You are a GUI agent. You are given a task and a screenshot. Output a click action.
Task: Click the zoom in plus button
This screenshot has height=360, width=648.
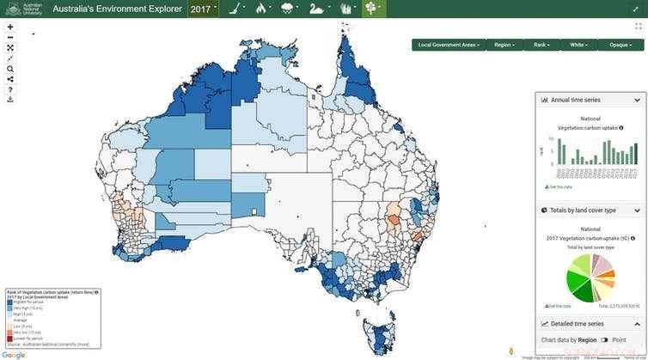click(x=10, y=27)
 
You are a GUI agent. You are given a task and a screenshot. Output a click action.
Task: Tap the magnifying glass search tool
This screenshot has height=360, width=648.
click(x=10, y=69)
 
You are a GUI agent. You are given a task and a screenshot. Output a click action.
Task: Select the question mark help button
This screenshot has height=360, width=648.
click(x=10, y=89)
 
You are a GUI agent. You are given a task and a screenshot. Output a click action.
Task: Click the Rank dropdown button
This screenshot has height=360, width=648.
click(x=541, y=45)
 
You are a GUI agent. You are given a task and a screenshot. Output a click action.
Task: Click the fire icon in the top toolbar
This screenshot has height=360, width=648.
click(x=262, y=9)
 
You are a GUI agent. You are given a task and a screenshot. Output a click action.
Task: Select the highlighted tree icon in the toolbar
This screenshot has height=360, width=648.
click(x=371, y=9)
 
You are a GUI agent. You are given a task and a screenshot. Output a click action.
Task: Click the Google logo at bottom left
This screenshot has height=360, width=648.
click(x=13, y=355)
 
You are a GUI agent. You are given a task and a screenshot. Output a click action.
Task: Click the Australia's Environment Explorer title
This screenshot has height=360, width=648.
click(x=117, y=9)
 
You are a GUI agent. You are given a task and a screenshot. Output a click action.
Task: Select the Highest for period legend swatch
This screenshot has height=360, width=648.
click(x=9, y=302)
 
